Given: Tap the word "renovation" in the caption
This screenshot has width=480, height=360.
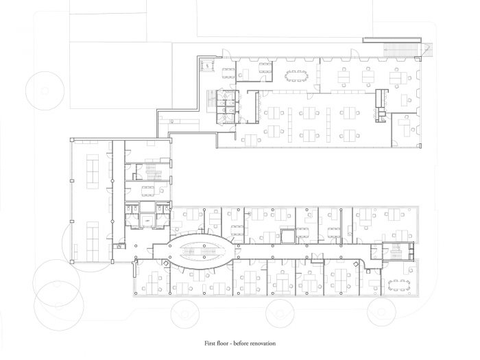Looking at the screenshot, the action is pos(263,343).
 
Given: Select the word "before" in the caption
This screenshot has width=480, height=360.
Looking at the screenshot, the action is pos(241,343).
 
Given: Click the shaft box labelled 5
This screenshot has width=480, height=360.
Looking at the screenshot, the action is pos(207,66).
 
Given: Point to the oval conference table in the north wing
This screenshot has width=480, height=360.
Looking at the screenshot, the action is pos(297,75).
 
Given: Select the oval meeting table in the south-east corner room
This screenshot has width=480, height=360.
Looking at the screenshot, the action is pos(399,285).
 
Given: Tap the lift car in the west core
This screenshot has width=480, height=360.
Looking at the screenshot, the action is pos(147,220).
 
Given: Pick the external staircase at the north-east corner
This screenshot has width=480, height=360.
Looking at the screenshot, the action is pos(401,50).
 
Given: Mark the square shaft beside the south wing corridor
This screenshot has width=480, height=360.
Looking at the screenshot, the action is pos(288,236).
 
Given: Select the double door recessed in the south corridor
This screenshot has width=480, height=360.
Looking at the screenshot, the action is pos(317,258).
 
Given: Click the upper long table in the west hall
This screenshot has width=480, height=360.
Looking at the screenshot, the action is pos(93,171).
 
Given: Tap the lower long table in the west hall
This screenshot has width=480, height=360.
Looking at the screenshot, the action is pos(93,241).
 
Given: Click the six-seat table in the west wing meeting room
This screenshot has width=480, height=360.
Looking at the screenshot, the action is pos(148,191).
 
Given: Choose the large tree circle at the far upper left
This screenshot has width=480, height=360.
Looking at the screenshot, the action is pos(45,91).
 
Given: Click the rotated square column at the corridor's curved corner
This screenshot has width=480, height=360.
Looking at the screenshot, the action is pos(356,264).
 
